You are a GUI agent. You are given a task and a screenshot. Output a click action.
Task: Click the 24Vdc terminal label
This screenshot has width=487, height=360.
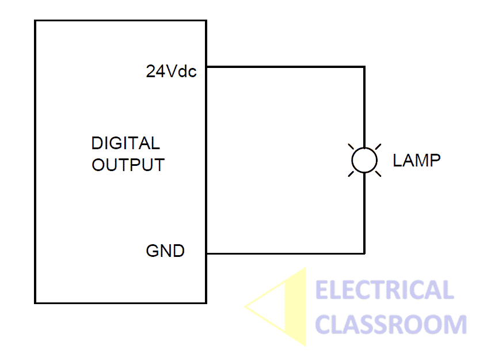(171, 71)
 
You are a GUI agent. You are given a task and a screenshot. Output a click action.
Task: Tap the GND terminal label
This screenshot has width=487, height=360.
(165, 252)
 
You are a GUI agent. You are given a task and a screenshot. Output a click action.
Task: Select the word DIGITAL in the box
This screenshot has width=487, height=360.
(125, 143)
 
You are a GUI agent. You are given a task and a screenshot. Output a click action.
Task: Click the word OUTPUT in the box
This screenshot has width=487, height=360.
(128, 165)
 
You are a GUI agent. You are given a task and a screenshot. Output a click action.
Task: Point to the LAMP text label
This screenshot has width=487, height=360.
(416, 160)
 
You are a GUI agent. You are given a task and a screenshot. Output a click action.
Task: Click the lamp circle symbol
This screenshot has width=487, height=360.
(364, 160)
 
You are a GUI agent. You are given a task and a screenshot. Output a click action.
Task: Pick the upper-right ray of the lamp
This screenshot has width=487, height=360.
(378, 147)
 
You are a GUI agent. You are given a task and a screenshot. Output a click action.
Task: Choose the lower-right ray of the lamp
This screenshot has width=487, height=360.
(378, 173)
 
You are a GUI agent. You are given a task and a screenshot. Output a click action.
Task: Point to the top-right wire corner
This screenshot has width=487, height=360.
(364, 67)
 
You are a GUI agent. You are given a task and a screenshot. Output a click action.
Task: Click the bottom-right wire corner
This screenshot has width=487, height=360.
(364, 253)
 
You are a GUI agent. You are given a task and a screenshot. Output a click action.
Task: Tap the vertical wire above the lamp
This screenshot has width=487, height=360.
(364, 107)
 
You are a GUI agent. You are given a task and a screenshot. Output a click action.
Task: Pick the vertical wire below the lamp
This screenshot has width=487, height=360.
(364, 213)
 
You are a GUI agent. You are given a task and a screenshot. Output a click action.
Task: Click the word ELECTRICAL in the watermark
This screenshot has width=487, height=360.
(385, 290)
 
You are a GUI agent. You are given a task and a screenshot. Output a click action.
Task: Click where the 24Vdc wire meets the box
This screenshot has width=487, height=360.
(207, 67)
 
